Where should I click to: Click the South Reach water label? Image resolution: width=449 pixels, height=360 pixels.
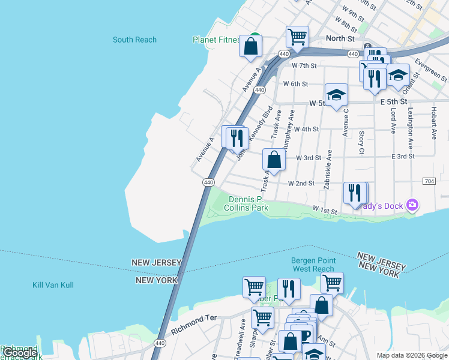coord(134,40)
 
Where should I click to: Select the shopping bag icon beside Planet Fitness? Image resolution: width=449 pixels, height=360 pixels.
coord(251,46)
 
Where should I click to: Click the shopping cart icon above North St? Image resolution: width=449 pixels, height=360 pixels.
coord(297,37)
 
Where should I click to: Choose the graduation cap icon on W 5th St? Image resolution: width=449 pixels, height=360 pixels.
coord(336,95)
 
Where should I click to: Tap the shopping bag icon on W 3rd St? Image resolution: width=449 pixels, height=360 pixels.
coord(274,160)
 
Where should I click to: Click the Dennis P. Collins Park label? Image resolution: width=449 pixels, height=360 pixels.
coord(248,203)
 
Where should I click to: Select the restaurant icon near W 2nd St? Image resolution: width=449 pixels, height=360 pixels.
coord(355,193)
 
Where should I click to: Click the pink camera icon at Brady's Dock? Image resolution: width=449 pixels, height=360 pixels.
coord(412,205)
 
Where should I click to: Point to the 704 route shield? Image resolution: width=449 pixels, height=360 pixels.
coord(429,181)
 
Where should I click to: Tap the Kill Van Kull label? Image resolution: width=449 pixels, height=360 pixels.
coord(53,285)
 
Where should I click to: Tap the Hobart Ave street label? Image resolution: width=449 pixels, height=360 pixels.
coord(433,124)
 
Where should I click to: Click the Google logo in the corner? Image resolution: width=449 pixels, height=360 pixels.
coord(19,353)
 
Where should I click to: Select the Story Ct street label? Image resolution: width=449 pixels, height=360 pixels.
coord(361,143)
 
